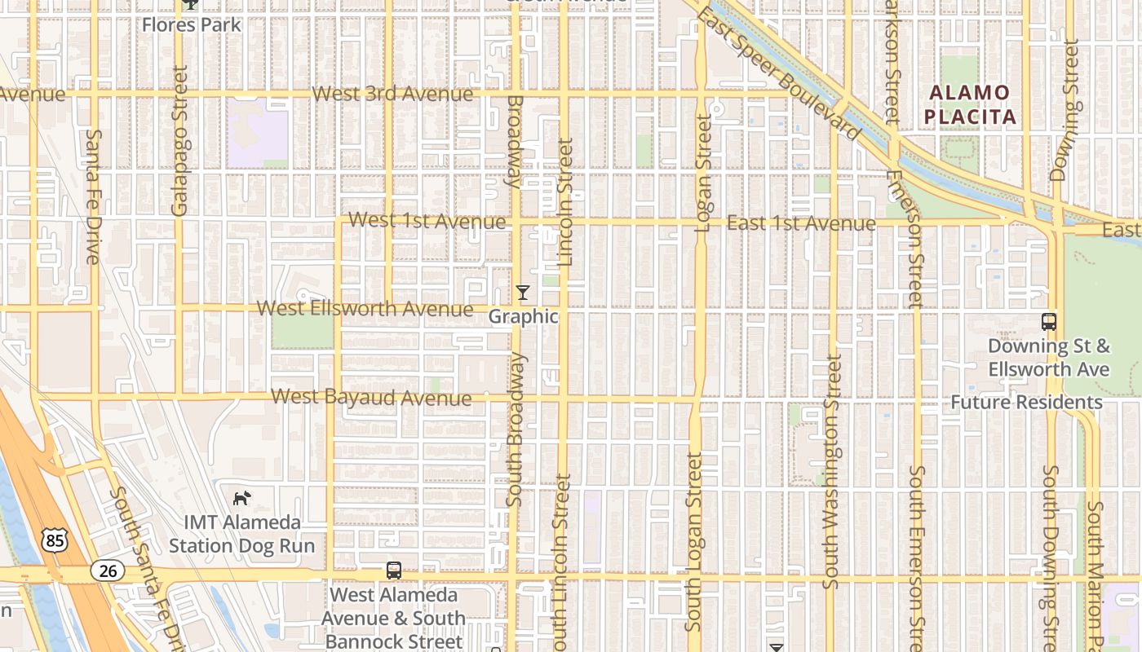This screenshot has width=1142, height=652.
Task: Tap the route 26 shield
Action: pos(108,570)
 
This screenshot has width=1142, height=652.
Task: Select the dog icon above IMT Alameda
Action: pos(242,497)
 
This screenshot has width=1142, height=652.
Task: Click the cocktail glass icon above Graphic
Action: pos(523,292)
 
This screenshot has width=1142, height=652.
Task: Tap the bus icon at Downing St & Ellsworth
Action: pos(1049,322)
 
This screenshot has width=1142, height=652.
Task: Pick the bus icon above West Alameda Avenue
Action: pos(394,570)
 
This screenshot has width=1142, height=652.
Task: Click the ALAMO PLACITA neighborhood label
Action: pos(971,104)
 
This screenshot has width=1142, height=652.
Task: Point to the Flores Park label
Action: pos(192,24)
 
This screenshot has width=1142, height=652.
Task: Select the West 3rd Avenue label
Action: pos(392,94)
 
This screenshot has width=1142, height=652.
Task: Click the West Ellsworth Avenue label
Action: pos(365,309)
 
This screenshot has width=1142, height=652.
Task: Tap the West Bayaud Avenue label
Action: pos(371,398)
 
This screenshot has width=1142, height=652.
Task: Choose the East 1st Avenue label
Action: pos(801,222)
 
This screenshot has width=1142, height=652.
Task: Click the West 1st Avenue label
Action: pos(427,221)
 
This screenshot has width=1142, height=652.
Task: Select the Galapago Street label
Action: pos(180,140)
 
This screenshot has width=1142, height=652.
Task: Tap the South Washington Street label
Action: pos(831,471)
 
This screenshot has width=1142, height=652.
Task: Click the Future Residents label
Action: pos(1026,402)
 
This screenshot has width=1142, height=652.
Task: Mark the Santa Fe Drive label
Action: pos(93,196)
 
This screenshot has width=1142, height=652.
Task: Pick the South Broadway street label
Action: pos(514,428)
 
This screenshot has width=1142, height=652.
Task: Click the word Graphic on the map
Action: pos(524,316)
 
